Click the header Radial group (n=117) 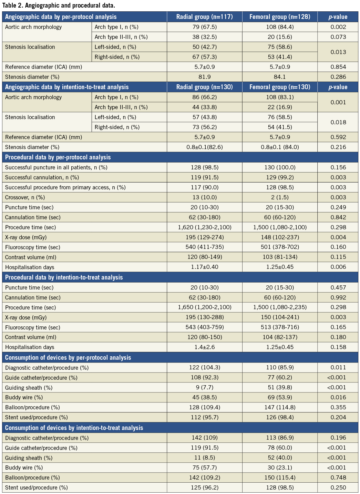(x=205, y=17)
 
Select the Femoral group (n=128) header (x=280, y=17)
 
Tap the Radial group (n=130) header (x=205, y=87)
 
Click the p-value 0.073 (x=338, y=37)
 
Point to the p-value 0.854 (x=338, y=67)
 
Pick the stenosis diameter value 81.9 (x=205, y=77)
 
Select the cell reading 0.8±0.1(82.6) (x=205, y=147)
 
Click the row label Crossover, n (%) (x=25, y=197)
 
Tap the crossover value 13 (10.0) (x=205, y=197)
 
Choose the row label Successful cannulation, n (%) (x=42, y=177)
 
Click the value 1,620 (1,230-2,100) (x=205, y=227)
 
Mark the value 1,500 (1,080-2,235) (x=280, y=307)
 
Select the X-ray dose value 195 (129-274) (x=205, y=237)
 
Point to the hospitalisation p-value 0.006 (x=338, y=267)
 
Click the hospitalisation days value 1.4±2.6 (x=205, y=347)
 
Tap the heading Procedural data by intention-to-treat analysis (x=64, y=277)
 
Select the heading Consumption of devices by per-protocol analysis (x=68, y=357)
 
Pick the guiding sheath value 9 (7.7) (x=205, y=387)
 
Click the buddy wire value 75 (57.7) (x=205, y=467)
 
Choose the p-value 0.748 (x=338, y=477)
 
